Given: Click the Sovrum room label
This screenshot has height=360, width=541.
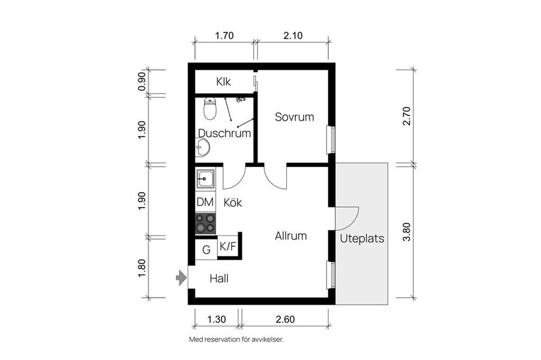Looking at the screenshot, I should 294,117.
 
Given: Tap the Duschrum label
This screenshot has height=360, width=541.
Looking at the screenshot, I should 224,134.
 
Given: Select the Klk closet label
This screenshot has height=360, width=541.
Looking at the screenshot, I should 224,82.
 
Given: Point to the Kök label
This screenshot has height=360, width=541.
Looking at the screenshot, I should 233,203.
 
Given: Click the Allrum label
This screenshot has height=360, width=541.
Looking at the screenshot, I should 291,236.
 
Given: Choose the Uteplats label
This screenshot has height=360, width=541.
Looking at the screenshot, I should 362,239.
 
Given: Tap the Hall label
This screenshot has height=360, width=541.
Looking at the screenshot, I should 219,278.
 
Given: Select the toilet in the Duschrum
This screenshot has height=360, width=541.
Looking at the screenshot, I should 210,108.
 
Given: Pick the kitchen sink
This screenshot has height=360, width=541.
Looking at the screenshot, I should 205,180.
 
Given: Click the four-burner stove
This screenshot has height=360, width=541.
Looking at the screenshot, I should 205,223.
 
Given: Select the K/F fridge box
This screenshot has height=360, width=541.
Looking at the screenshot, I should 228,246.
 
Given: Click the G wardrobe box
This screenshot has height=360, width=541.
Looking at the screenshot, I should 206,250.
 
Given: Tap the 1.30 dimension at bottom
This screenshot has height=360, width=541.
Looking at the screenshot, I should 216,319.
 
